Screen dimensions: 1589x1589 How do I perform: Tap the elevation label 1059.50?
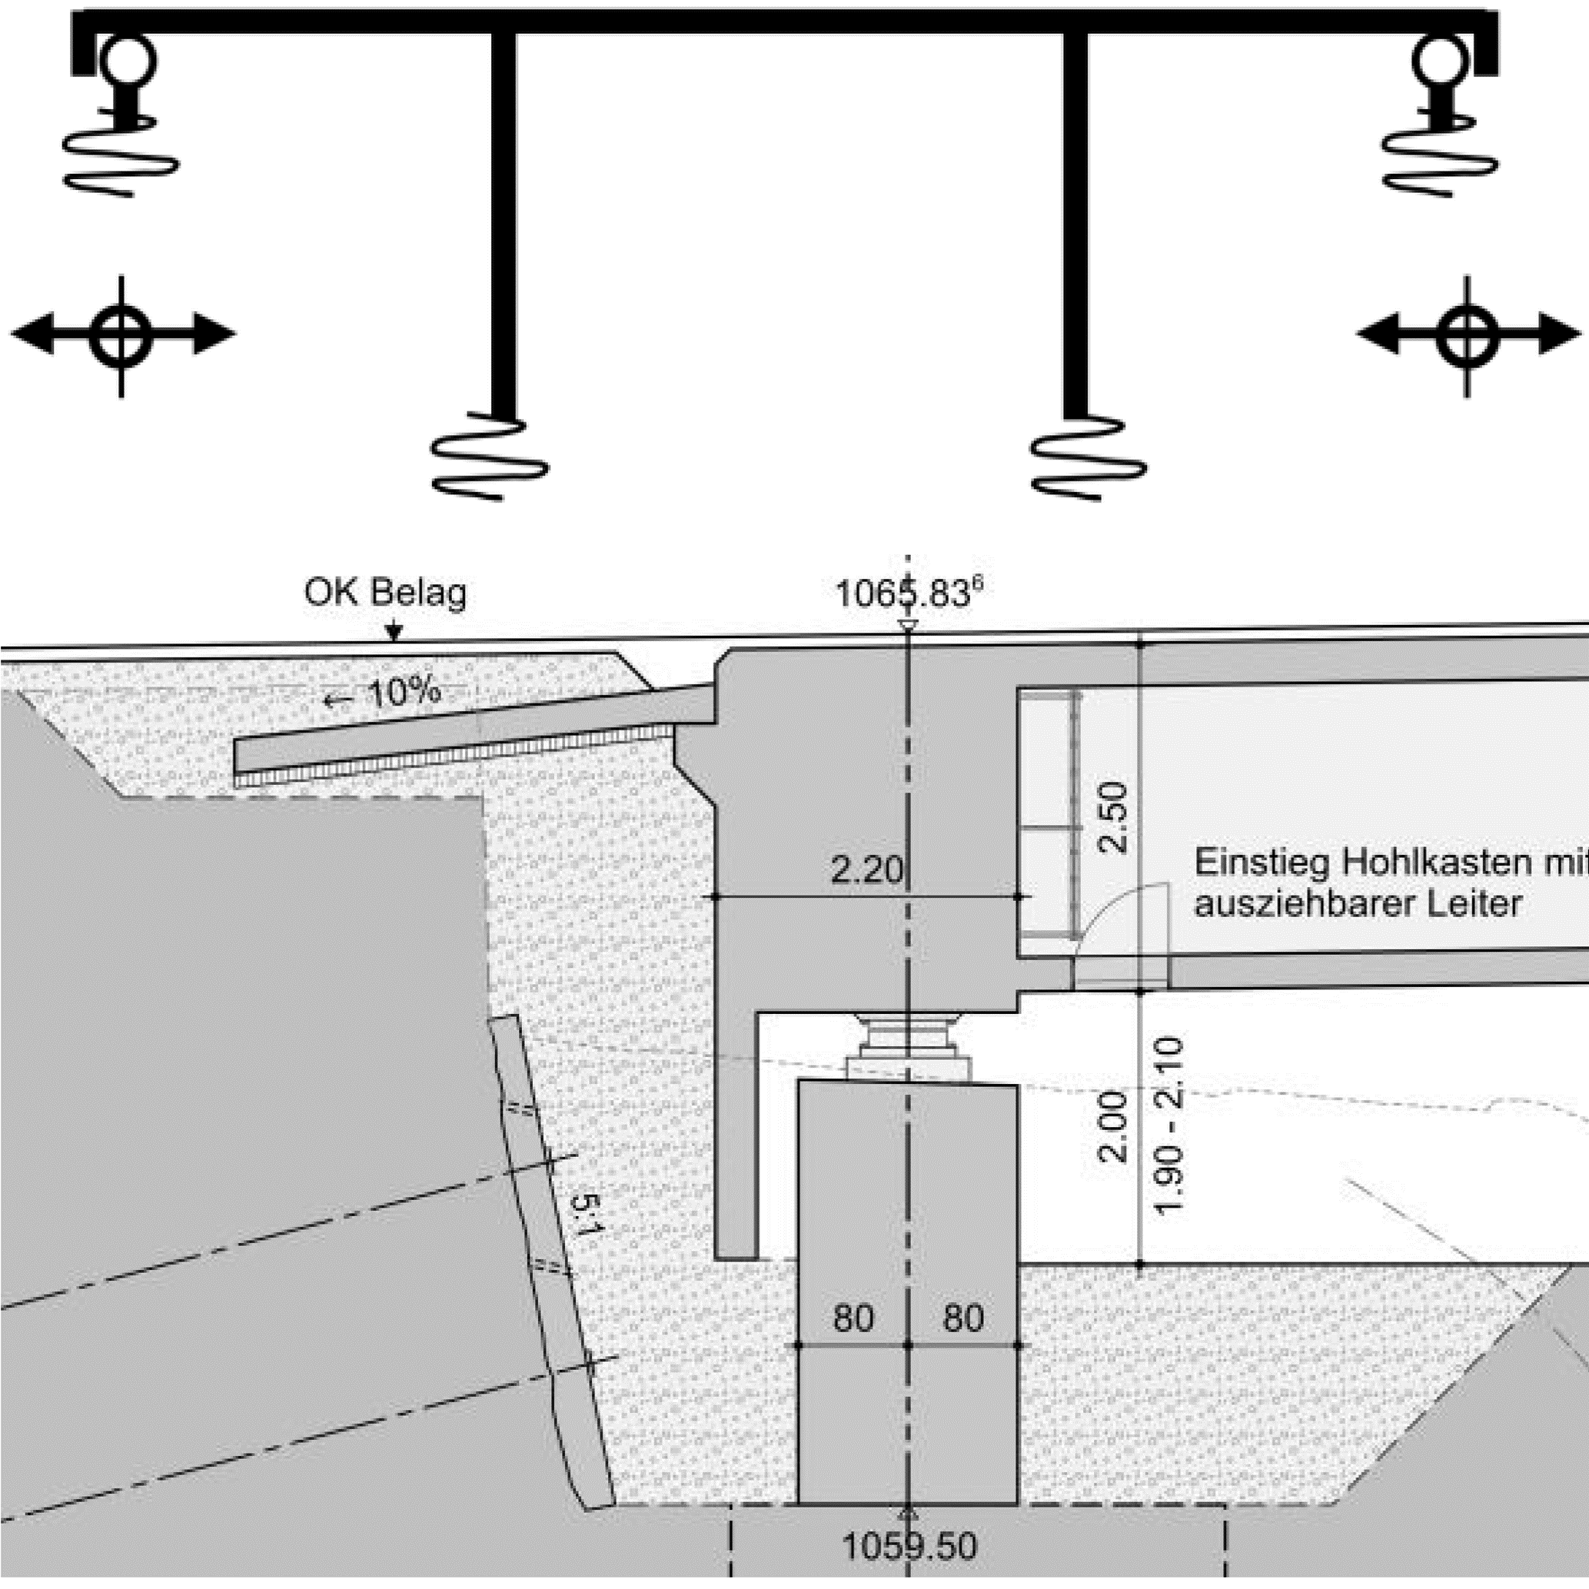[909, 1546]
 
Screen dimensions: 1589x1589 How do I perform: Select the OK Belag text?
[385, 592]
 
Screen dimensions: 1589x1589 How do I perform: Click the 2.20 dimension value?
[866, 869]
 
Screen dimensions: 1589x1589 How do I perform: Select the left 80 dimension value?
[853, 1318]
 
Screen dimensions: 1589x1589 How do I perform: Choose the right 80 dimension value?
[963, 1318]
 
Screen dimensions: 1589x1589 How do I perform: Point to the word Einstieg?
[1263, 863]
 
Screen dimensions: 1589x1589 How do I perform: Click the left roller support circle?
[127, 59]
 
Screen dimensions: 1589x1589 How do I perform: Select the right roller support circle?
[1440, 59]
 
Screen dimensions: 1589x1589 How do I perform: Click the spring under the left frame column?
[490, 457]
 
